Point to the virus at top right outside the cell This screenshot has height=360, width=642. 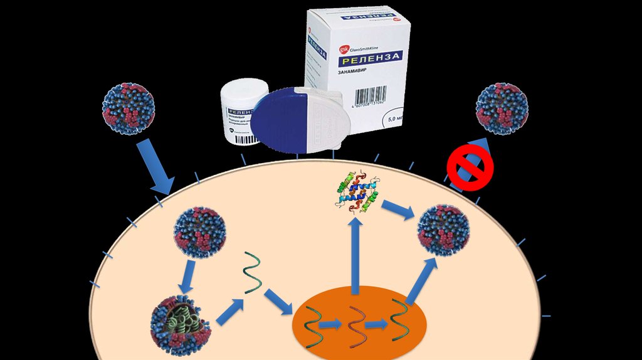point(502,109)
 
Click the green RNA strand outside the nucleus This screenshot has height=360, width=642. point(252,272)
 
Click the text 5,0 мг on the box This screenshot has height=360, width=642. point(396,118)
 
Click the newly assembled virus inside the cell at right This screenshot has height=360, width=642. point(444,230)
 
